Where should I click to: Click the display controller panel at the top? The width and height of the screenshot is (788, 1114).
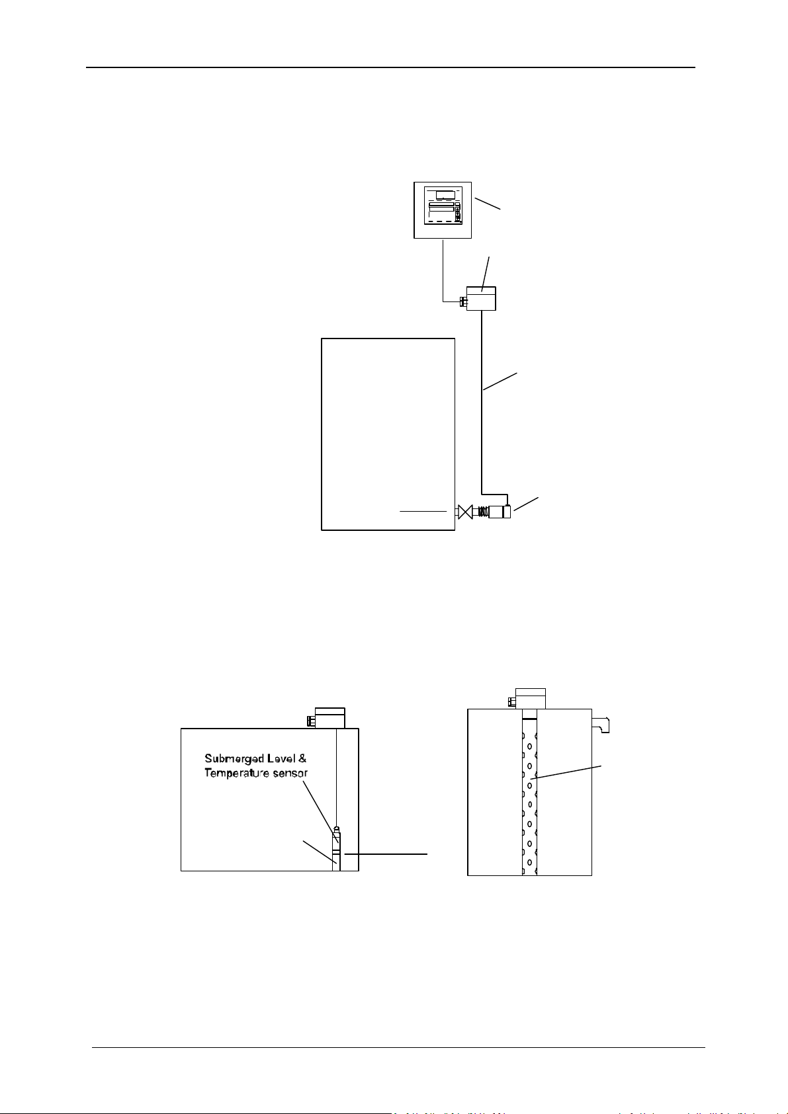(x=443, y=210)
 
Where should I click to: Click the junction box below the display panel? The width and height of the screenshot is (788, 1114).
(x=482, y=298)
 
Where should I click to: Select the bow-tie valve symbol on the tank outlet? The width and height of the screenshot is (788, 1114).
(x=465, y=511)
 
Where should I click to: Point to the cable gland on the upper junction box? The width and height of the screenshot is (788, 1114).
(x=462, y=303)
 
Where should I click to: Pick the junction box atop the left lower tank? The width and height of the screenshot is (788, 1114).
(x=329, y=717)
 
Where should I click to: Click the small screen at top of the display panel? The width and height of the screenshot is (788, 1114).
(x=445, y=194)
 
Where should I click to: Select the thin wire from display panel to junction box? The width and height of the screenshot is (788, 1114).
(x=443, y=271)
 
